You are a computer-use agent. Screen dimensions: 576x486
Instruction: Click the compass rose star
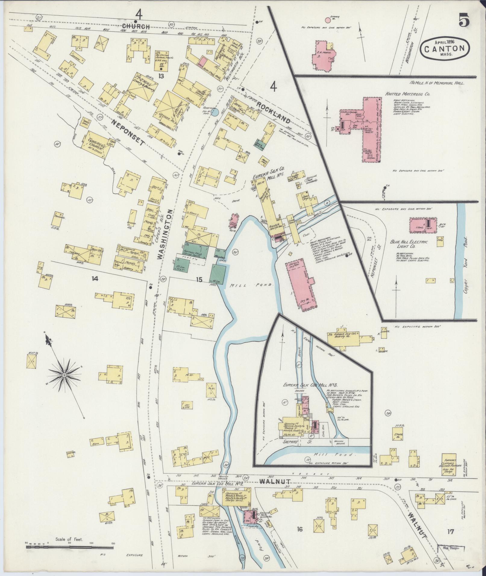click(64, 375)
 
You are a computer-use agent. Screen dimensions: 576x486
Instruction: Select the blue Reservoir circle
click(215, 113)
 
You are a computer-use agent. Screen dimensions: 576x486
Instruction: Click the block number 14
click(95, 279)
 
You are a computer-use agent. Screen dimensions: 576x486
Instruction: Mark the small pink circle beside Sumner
click(327, 20)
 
